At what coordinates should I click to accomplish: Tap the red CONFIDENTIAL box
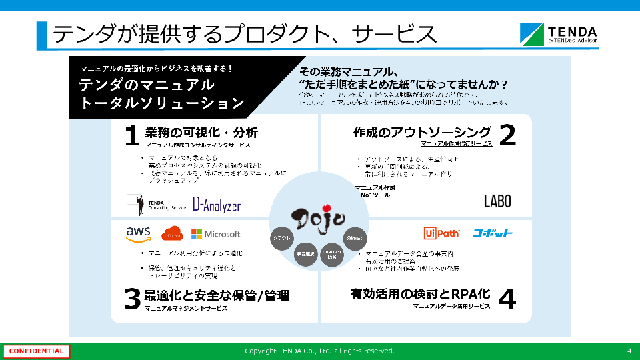36,351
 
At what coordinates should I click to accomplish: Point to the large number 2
507,135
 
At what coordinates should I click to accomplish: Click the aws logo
138,234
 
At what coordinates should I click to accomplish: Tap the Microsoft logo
215,234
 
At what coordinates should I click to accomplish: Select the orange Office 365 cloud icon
172,234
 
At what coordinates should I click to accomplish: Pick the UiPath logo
441,233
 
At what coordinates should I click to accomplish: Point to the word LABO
497,201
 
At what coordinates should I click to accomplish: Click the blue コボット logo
493,233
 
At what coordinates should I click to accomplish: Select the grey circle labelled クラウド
282,238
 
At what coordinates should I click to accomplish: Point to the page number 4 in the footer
629,351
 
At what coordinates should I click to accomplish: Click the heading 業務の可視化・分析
201,132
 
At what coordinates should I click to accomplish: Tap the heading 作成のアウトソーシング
422,132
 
